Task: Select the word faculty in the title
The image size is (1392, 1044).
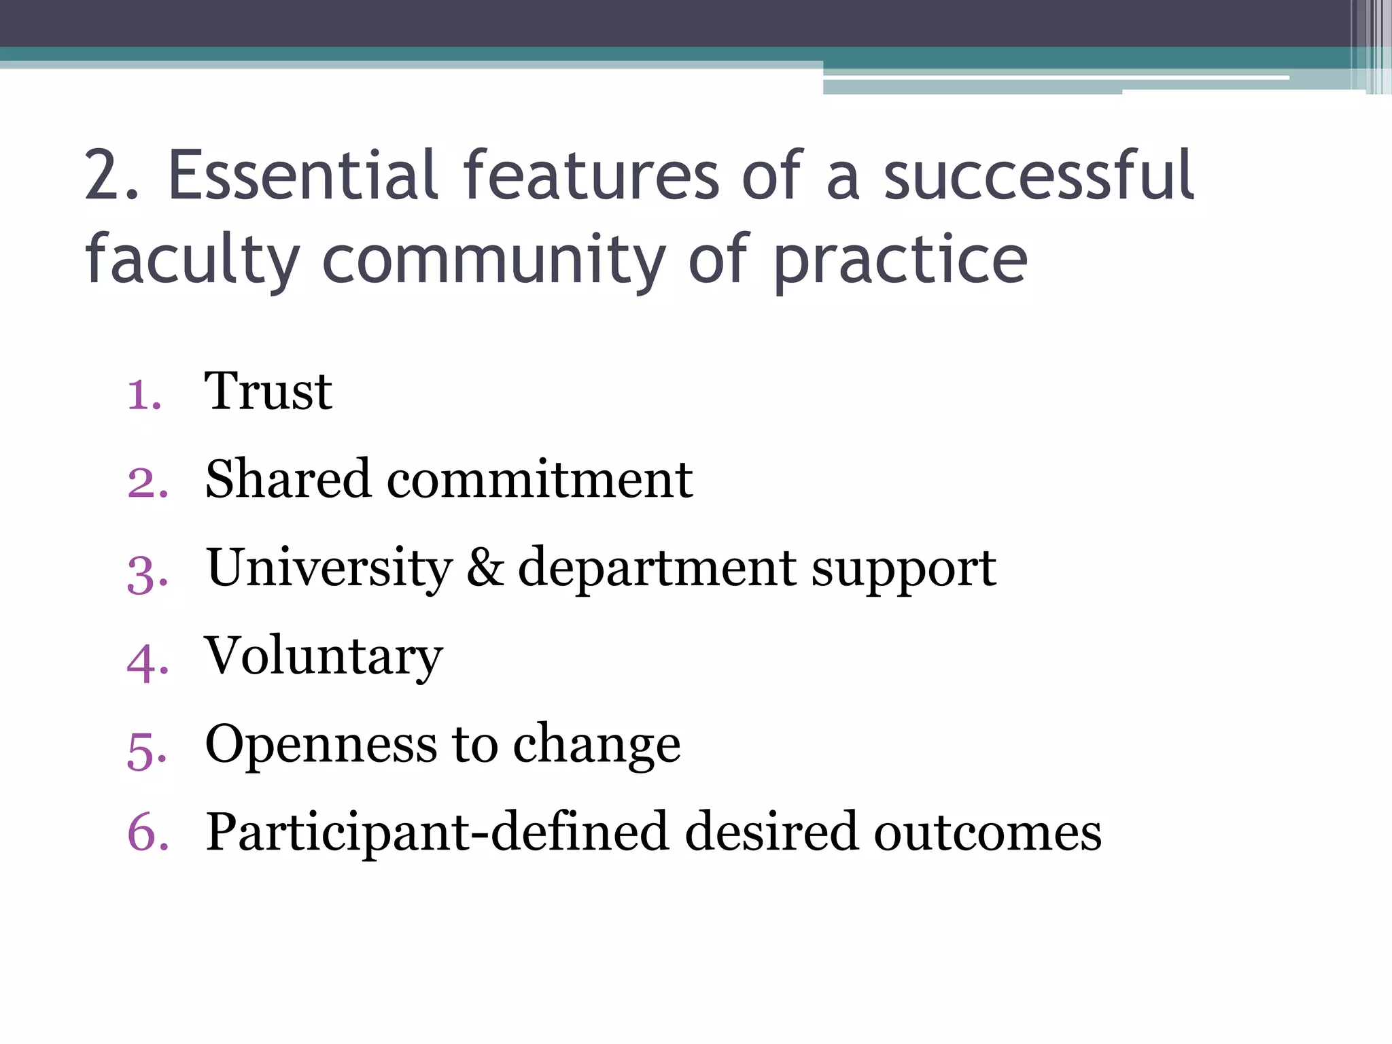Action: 192,260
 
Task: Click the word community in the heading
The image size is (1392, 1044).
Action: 494,260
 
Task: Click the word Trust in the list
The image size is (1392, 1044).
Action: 268,391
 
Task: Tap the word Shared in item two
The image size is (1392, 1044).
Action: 288,479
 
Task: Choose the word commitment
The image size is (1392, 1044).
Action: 540,479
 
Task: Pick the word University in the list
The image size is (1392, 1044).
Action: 330,568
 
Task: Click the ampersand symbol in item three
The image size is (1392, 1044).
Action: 485,568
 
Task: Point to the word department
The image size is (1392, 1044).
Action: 657,569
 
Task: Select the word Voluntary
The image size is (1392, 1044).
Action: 324,657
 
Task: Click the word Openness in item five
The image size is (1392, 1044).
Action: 321,745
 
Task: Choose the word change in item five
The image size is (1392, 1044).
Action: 596,745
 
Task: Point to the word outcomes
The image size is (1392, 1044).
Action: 987,833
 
